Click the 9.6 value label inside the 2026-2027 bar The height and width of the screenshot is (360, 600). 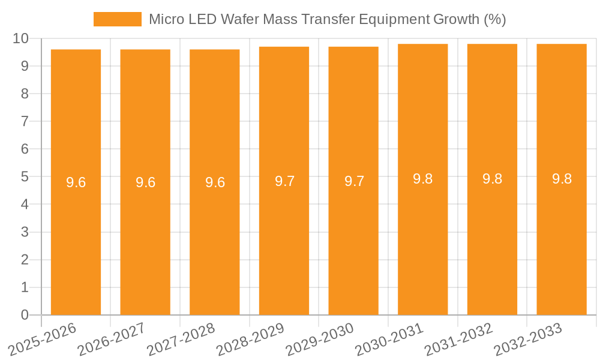click(145, 182)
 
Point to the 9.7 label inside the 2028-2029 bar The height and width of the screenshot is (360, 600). click(284, 181)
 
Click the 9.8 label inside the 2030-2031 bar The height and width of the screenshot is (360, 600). click(423, 179)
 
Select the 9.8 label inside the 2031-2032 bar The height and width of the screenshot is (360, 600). click(493, 179)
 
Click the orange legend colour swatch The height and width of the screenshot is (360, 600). click(118, 19)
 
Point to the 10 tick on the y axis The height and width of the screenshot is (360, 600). click(21, 38)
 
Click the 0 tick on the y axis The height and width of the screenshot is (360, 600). click(25, 315)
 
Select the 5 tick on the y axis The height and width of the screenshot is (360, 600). click(25, 177)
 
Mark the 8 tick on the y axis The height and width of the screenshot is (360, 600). click(25, 94)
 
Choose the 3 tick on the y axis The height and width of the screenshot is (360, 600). click(25, 232)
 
